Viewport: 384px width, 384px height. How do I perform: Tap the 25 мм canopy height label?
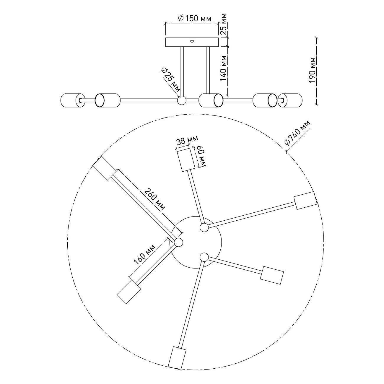[224, 24]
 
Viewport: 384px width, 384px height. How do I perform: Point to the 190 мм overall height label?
[312, 70]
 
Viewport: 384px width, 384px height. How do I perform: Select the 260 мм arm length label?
[155, 199]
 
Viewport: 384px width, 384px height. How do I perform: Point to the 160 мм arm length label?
[144, 254]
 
